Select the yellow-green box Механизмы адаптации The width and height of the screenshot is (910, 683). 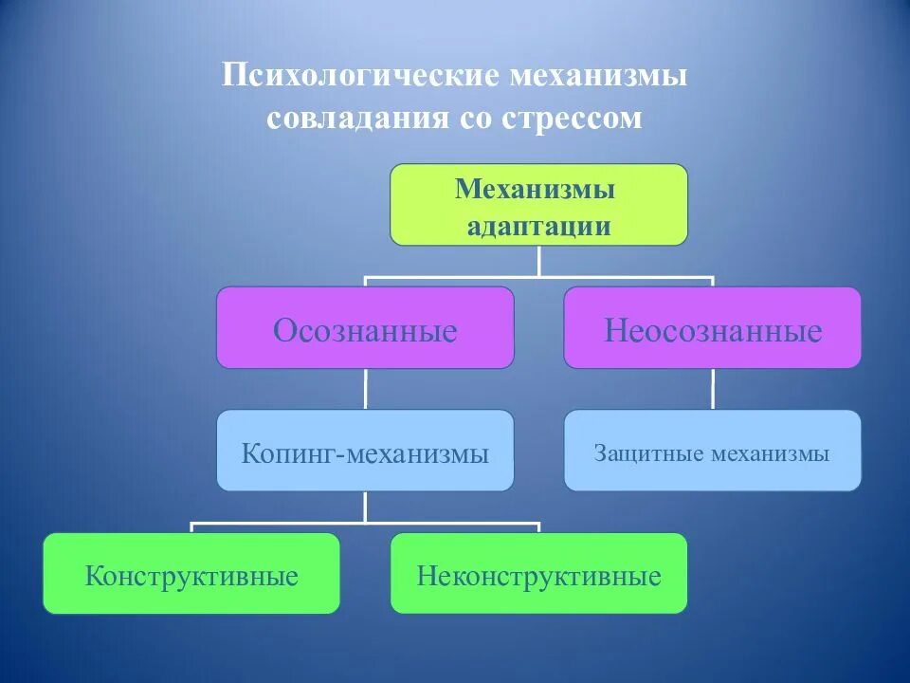(x=538, y=205)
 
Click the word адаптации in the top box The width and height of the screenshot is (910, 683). (x=538, y=227)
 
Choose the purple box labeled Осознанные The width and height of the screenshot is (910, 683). (x=365, y=328)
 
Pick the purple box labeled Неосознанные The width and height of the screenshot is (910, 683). (x=713, y=328)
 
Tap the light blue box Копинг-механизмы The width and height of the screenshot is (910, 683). (x=365, y=451)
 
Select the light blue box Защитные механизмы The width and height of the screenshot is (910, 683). (x=713, y=451)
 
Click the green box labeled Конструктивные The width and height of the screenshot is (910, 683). (x=191, y=574)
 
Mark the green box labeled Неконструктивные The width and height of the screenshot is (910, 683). (x=538, y=574)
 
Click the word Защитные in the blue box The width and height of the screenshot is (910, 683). (x=641, y=453)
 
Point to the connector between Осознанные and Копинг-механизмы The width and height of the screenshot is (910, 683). (x=366, y=389)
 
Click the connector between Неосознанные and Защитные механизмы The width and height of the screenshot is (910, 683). (x=713, y=389)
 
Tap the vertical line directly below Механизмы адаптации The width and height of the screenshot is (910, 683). (x=538, y=261)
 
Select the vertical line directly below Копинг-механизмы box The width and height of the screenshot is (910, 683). (x=366, y=507)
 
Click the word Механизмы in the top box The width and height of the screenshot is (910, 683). (x=535, y=189)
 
